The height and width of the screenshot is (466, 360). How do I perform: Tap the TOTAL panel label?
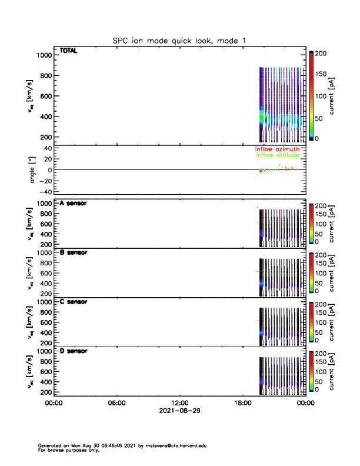click(69, 51)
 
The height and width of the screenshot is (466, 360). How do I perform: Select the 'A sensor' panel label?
click(73, 203)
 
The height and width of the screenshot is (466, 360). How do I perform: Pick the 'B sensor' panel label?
click(73, 252)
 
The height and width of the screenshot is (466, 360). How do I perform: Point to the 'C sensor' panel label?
click(73, 302)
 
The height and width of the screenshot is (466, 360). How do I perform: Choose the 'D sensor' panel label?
click(73, 351)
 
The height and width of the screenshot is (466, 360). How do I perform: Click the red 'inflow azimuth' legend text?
click(276, 149)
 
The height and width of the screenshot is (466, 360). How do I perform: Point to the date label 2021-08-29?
click(179, 411)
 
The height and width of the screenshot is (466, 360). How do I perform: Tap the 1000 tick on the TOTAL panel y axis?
click(45, 55)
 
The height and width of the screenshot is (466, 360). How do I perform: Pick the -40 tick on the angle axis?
click(44, 192)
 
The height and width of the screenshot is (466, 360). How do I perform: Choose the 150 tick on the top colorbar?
click(321, 74)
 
